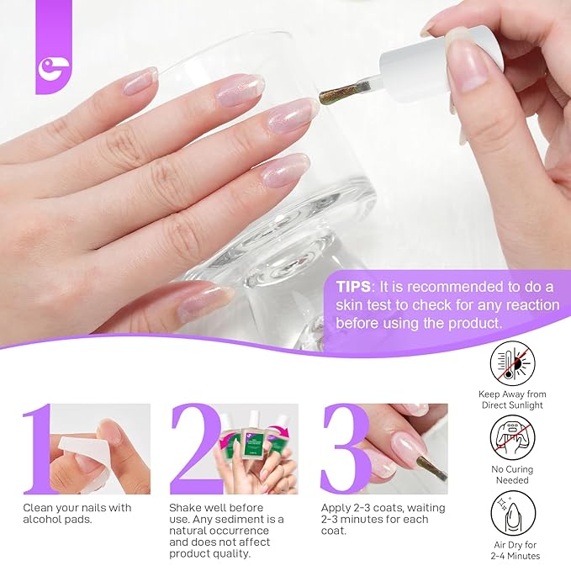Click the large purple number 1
(x=38, y=448)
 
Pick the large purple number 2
(x=195, y=448)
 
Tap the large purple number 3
(x=344, y=448)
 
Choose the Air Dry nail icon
(x=514, y=514)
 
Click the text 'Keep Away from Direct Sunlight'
(x=514, y=399)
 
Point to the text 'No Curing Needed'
(x=514, y=475)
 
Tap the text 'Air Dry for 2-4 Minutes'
(x=514, y=550)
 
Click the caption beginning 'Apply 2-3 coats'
(x=383, y=519)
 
